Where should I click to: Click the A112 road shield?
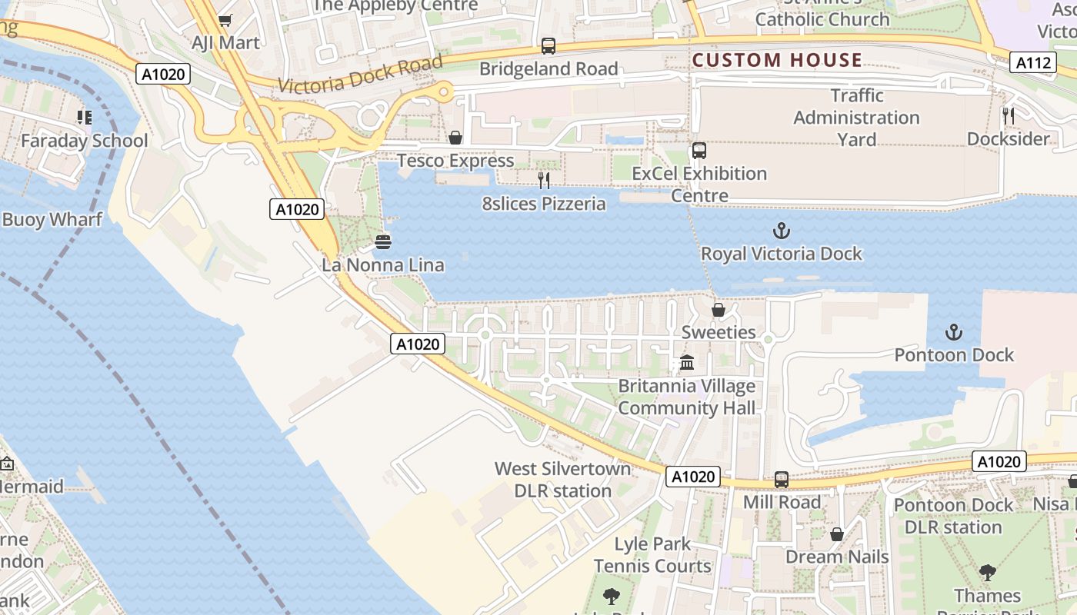pyautogui.click(x=1032, y=63)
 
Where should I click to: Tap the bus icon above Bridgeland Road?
pyautogui.click(x=548, y=46)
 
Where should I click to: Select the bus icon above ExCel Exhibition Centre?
pyautogui.click(x=699, y=151)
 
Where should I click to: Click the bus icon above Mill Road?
pyautogui.click(x=782, y=480)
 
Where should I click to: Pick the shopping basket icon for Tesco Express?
pyautogui.click(x=455, y=138)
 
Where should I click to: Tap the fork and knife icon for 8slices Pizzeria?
pyautogui.click(x=544, y=181)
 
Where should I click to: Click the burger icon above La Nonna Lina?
pyautogui.click(x=383, y=242)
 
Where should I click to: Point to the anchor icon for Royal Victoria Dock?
pyautogui.click(x=782, y=231)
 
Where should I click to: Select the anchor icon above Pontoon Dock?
pyautogui.click(x=954, y=332)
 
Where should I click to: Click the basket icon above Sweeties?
pyautogui.click(x=718, y=310)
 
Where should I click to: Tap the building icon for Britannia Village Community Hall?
pyautogui.click(x=687, y=363)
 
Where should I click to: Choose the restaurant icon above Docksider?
pyautogui.click(x=1008, y=116)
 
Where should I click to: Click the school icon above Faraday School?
pyautogui.click(x=85, y=118)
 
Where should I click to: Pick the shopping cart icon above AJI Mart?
pyautogui.click(x=225, y=20)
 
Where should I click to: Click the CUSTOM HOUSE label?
pyautogui.click(x=777, y=60)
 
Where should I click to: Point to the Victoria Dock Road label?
pyautogui.click(x=361, y=75)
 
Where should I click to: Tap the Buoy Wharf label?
pyautogui.click(x=52, y=220)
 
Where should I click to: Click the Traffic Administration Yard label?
pyautogui.click(x=856, y=118)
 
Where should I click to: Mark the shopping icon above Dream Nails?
pyautogui.click(x=837, y=534)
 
